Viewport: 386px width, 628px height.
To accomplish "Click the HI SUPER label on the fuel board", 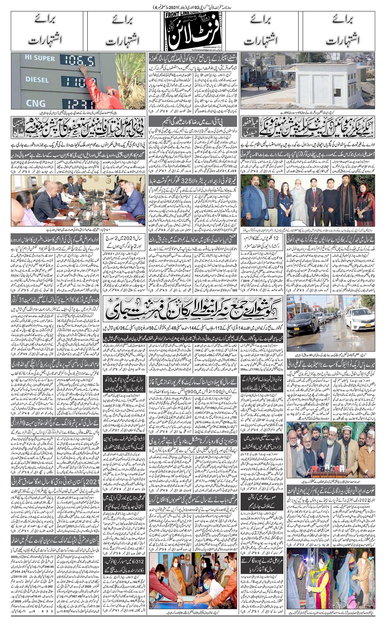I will click(40, 58).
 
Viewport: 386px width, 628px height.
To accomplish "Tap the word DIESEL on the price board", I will click(37, 80).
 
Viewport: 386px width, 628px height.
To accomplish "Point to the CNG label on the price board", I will click(36, 103).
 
